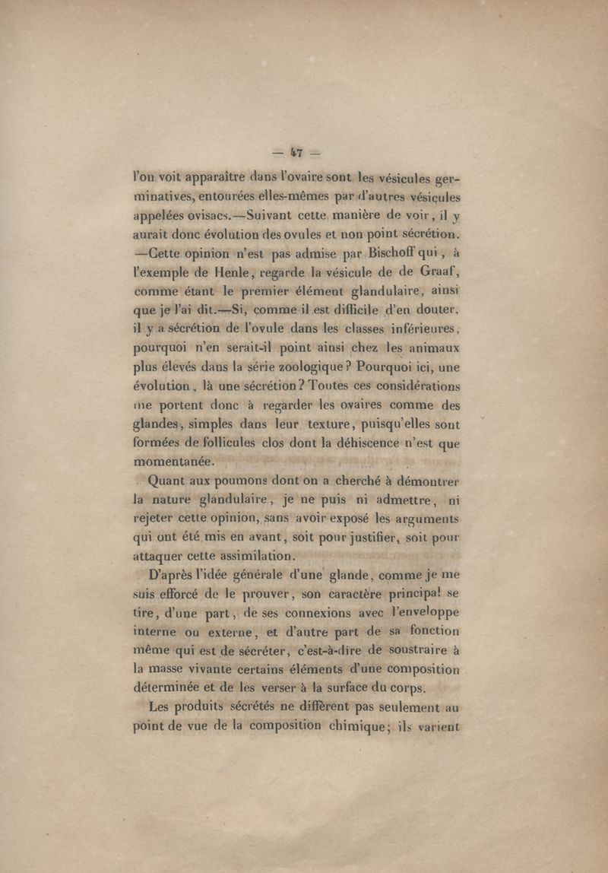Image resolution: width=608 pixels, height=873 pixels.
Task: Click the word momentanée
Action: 176,461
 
